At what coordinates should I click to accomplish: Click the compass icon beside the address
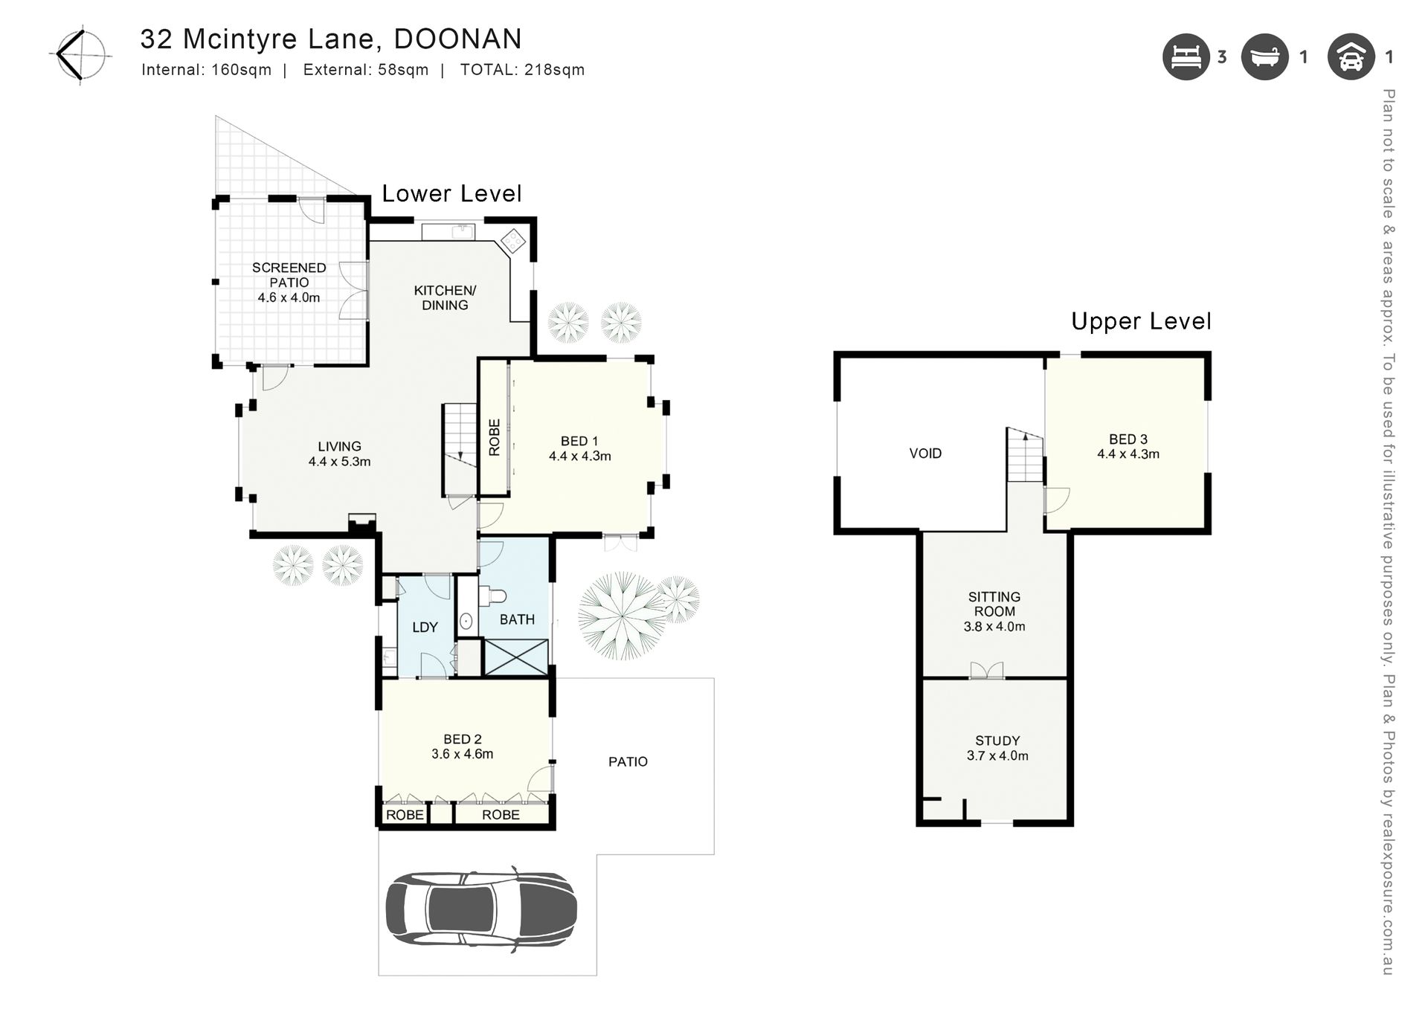pyautogui.click(x=81, y=54)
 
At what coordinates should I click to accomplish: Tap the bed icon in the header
pyautogui.click(x=1186, y=57)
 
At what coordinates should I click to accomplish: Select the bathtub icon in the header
pyautogui.click(x=1264, y=57)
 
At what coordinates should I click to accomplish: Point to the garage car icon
pyautogui.click(x=1351, y=57)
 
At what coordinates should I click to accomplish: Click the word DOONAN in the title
pyautogui.click(x=457, y=39)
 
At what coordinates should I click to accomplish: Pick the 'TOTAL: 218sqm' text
pyautogui.click(x=522, y=70)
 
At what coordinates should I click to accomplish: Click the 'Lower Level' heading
pyautogui.click(x=451, y=193)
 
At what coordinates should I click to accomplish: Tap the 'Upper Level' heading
pyautogui.click(x=1141, y=321)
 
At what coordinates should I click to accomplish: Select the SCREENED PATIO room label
pyautogui.click(x=289, y=275)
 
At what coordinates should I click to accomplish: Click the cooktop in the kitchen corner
pyautogui.click(x=512, y=240)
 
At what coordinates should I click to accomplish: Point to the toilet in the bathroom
pyautogui.click(x=492, y=596)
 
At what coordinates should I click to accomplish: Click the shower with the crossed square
pyautogui.click(x=516, y=657)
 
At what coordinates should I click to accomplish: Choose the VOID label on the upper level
pyautogui.click(x=925, y=454)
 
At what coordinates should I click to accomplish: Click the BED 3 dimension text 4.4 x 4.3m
pyautogui.click(x=1128, y=454)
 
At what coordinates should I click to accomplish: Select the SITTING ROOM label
pyautogui.click(x=994, y=604)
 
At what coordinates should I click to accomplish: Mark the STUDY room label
pyautogui.click(x=997, y=741)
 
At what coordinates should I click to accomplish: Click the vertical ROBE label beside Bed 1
pyautogui.click(x=495, y=437)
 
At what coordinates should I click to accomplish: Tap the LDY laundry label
pyautogui.click(x=425, y=628)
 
